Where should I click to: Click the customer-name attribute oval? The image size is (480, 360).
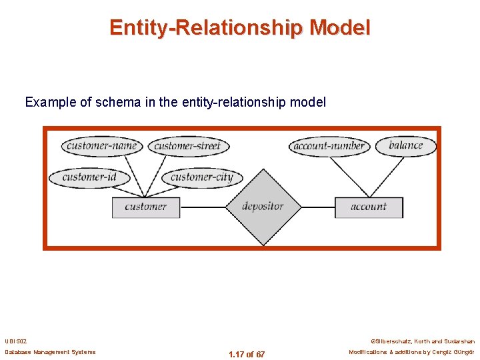tap(101, 146)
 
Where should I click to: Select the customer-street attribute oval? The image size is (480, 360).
tap(187, 146)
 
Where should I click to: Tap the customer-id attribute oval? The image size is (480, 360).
tap(89, 177)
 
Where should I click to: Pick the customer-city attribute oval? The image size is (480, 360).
tap(201, 177)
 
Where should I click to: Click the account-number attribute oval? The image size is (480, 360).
tap(329, 146)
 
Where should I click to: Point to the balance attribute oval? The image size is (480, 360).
tap(405, 145)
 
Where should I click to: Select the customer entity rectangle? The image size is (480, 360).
tap(145, 207)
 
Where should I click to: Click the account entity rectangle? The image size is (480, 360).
tap(369, 207)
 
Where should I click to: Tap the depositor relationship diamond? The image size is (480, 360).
tap(263, 207)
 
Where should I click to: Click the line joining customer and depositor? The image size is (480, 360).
tap(203, 207)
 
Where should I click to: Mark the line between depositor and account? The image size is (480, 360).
tap(317, 207)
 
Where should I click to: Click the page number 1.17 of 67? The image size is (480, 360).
tap(247, 354)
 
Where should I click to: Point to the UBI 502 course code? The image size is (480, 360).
tap(16, 340)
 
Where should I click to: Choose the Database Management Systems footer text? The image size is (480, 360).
tap(50, 352)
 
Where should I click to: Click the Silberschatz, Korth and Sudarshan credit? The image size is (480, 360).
tap(423, 340)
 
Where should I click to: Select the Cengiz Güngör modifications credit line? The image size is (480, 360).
tap(411, 352)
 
